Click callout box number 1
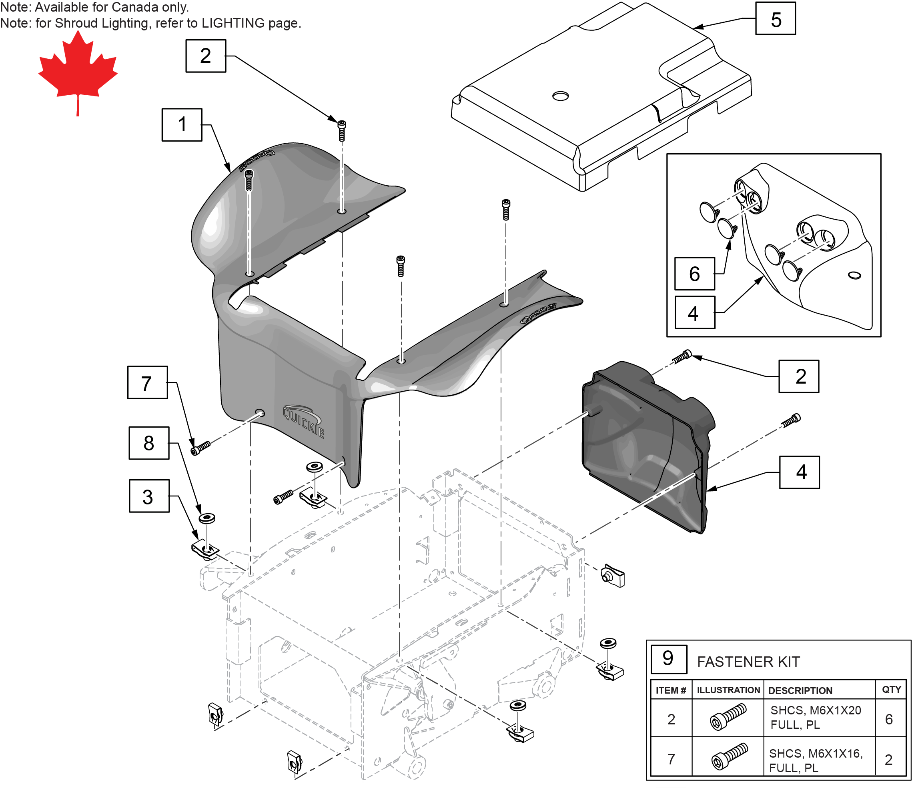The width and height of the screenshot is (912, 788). pos(182,125)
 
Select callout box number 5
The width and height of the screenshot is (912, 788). pos(775,19)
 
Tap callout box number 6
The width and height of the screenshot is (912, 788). pos(694,274)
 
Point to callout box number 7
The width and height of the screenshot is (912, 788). pos(147,383)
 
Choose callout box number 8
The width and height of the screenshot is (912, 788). pos(149,443)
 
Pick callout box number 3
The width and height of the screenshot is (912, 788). pos(149,496)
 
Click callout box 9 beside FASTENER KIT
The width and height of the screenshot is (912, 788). pos(668,659)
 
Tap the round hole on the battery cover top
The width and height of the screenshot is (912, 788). pos(560,96)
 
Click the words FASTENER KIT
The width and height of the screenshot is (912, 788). pos(748,662)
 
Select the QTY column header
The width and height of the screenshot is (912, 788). pos(891,690)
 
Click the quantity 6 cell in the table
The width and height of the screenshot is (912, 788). pos(889,719)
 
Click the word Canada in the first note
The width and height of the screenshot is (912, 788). pos(135,7)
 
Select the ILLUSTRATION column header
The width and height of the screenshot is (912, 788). pos(728,690)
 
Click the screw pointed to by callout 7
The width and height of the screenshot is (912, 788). pos(200,448)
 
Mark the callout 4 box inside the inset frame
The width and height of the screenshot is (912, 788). pos(694,313)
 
